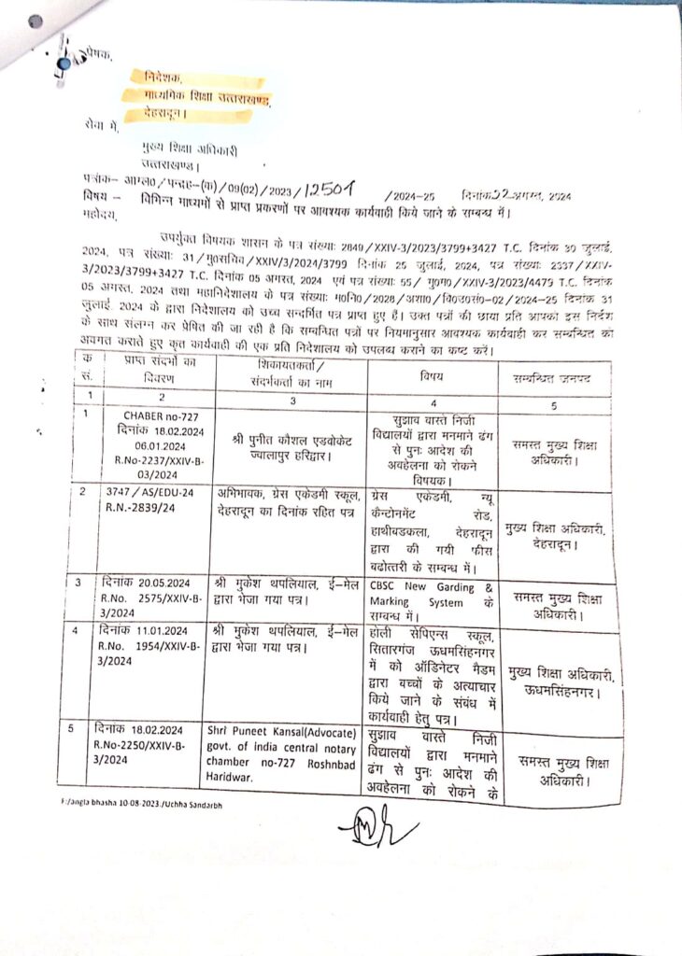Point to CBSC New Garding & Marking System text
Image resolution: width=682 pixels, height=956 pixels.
tap(432, 594)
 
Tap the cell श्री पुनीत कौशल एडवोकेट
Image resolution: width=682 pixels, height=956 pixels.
tap(294, 434)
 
